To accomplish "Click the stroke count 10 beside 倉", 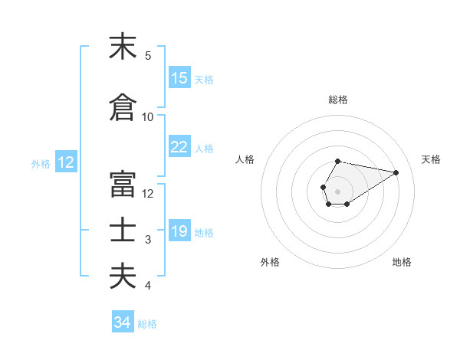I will [x=148, y=117].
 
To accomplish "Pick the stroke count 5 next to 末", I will [x=148, y=56].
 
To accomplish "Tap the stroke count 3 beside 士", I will [x=148, y=240].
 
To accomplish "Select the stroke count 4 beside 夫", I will [x=148, y=286].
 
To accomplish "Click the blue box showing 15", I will [x=179, y=78].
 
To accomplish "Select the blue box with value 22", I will [x=179, y=147].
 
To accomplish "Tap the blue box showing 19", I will [x=179, y=231].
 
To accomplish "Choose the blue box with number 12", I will [x=66, y=162].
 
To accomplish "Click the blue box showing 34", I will [x=123, y=322].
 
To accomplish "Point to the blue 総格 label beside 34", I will [x=147, y=324].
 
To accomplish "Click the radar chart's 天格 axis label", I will [x=432, y=159].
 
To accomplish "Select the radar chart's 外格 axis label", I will [x=270, y=262].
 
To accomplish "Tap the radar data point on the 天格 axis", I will [x=396, y=172].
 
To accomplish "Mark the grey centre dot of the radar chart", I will [x=337, y=190].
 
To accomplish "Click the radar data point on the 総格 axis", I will [x=337, y=162].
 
